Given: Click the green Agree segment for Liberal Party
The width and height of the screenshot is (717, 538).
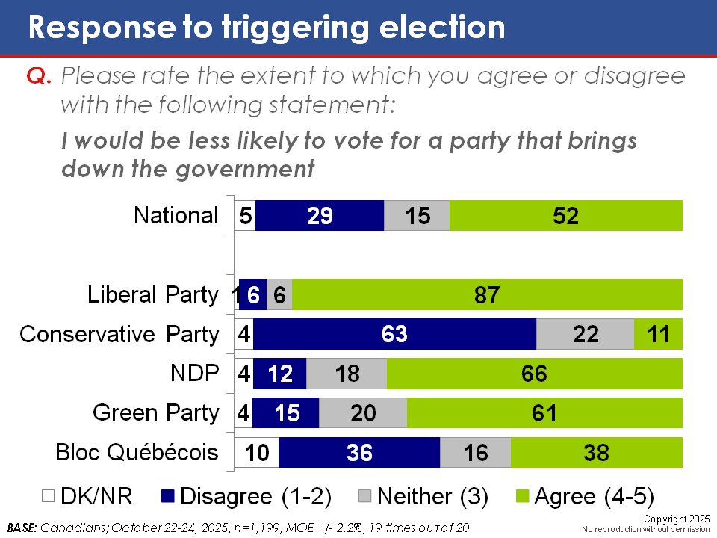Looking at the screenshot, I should (487, 294).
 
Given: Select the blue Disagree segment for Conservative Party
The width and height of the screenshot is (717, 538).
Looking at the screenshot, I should (394, 334).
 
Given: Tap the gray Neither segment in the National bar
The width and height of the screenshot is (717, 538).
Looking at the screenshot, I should (417, 216).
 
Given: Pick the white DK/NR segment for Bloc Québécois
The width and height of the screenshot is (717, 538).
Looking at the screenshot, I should (256, 453).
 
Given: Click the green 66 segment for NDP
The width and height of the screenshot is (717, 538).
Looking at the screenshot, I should (535, 374).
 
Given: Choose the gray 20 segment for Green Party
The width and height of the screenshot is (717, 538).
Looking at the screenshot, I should (363, 413).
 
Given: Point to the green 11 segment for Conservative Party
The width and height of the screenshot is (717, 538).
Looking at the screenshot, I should (658, 334).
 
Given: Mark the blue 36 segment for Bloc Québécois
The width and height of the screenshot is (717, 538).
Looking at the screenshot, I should (359, 453).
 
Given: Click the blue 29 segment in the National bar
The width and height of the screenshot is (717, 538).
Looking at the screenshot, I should (320, 216).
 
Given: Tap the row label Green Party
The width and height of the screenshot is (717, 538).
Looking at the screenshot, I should (155, 412).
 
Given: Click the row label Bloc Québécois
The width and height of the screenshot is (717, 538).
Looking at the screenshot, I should (137, 452).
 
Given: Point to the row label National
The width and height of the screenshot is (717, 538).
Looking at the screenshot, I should (176, 216).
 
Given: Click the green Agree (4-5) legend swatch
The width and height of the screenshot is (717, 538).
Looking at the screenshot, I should (524, 497).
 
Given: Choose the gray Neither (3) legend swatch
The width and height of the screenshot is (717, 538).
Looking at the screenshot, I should (364, 497).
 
